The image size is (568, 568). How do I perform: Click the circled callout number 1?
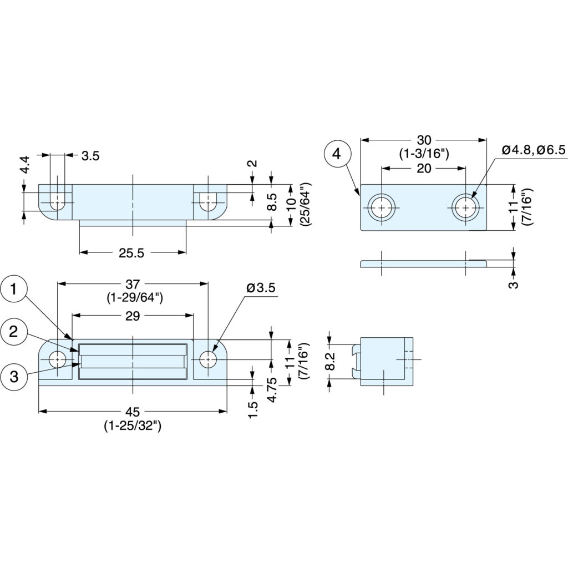pyautogui.click(x=14, y=290)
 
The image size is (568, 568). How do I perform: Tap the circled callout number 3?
pyautogui.click(x=14, y=377)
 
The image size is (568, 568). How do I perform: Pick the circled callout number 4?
pyautogui.click(x=337, y=154)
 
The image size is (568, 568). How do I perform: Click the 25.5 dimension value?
pyautogui.click(x=131, y=253)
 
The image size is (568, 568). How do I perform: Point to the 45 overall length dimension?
pyautogui.click(x=133, y=412)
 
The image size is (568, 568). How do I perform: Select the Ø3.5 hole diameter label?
pyautogui.click(x=261, y=288)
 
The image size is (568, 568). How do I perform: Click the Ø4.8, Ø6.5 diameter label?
pyautogui.click(x=534, y=150)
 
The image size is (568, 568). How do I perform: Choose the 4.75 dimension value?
pyautogui.click(x=272, y=390)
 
